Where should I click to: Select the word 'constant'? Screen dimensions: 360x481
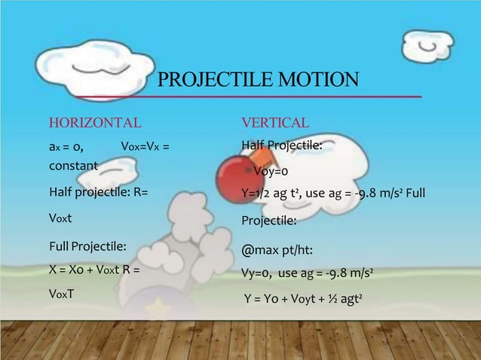(73, 164)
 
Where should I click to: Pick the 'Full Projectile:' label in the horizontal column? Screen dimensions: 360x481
(87, 246)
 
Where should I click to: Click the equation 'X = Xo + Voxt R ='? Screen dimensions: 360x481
(94, 269)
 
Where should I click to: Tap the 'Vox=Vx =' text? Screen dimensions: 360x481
(144, 146)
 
